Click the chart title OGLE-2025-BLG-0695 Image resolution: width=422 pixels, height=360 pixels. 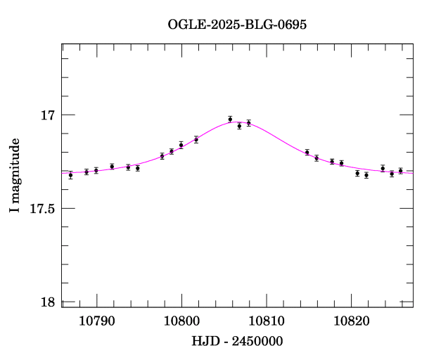(x=237, y=25)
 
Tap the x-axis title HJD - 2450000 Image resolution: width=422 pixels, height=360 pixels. (x=237, y=341)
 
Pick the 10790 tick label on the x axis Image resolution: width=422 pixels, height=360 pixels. (x=96, y=321)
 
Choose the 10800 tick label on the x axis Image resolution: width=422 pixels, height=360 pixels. (x=181, y=321)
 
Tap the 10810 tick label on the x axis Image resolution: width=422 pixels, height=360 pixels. (x=267, y=321)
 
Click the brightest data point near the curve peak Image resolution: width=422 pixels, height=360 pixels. (x=230, y=120)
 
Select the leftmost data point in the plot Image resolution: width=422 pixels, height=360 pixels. (x=70, y=175)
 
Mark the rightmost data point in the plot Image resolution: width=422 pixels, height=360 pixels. (x=400, y=171)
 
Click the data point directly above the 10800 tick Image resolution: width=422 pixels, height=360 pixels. (x=181, y=145)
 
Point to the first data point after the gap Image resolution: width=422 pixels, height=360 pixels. (x=307, y=152)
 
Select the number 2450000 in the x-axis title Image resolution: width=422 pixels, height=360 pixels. (x=259, y=341)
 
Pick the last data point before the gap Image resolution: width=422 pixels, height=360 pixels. (x=248, y=123)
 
